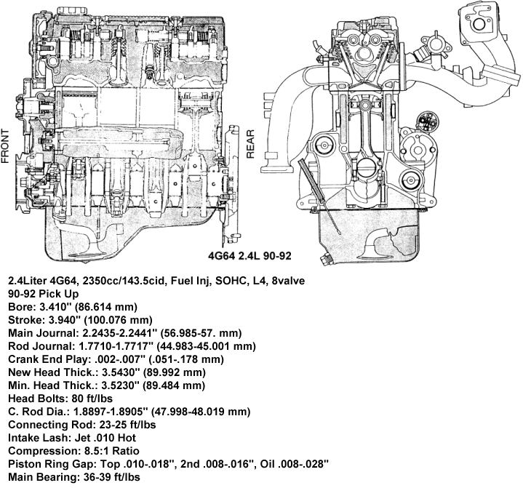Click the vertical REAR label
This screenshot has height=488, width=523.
coord(251,145)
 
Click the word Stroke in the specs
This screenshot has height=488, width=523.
coord(23,320)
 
